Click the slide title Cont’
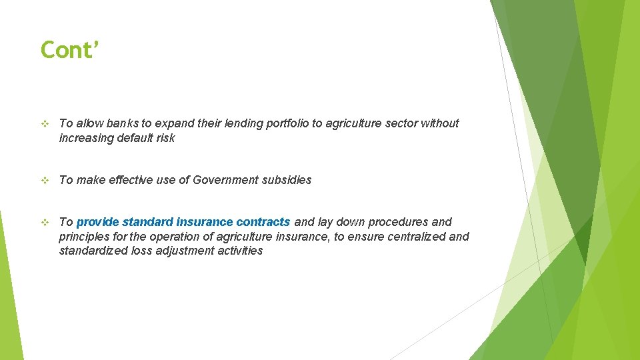point(69,49)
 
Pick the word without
point(440,123)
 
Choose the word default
point(133,138)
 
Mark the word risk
point(165,138)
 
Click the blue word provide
point(98,222)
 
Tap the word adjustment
point(185,251)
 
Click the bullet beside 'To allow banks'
point(45,124)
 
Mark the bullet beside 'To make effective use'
point(45,181)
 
